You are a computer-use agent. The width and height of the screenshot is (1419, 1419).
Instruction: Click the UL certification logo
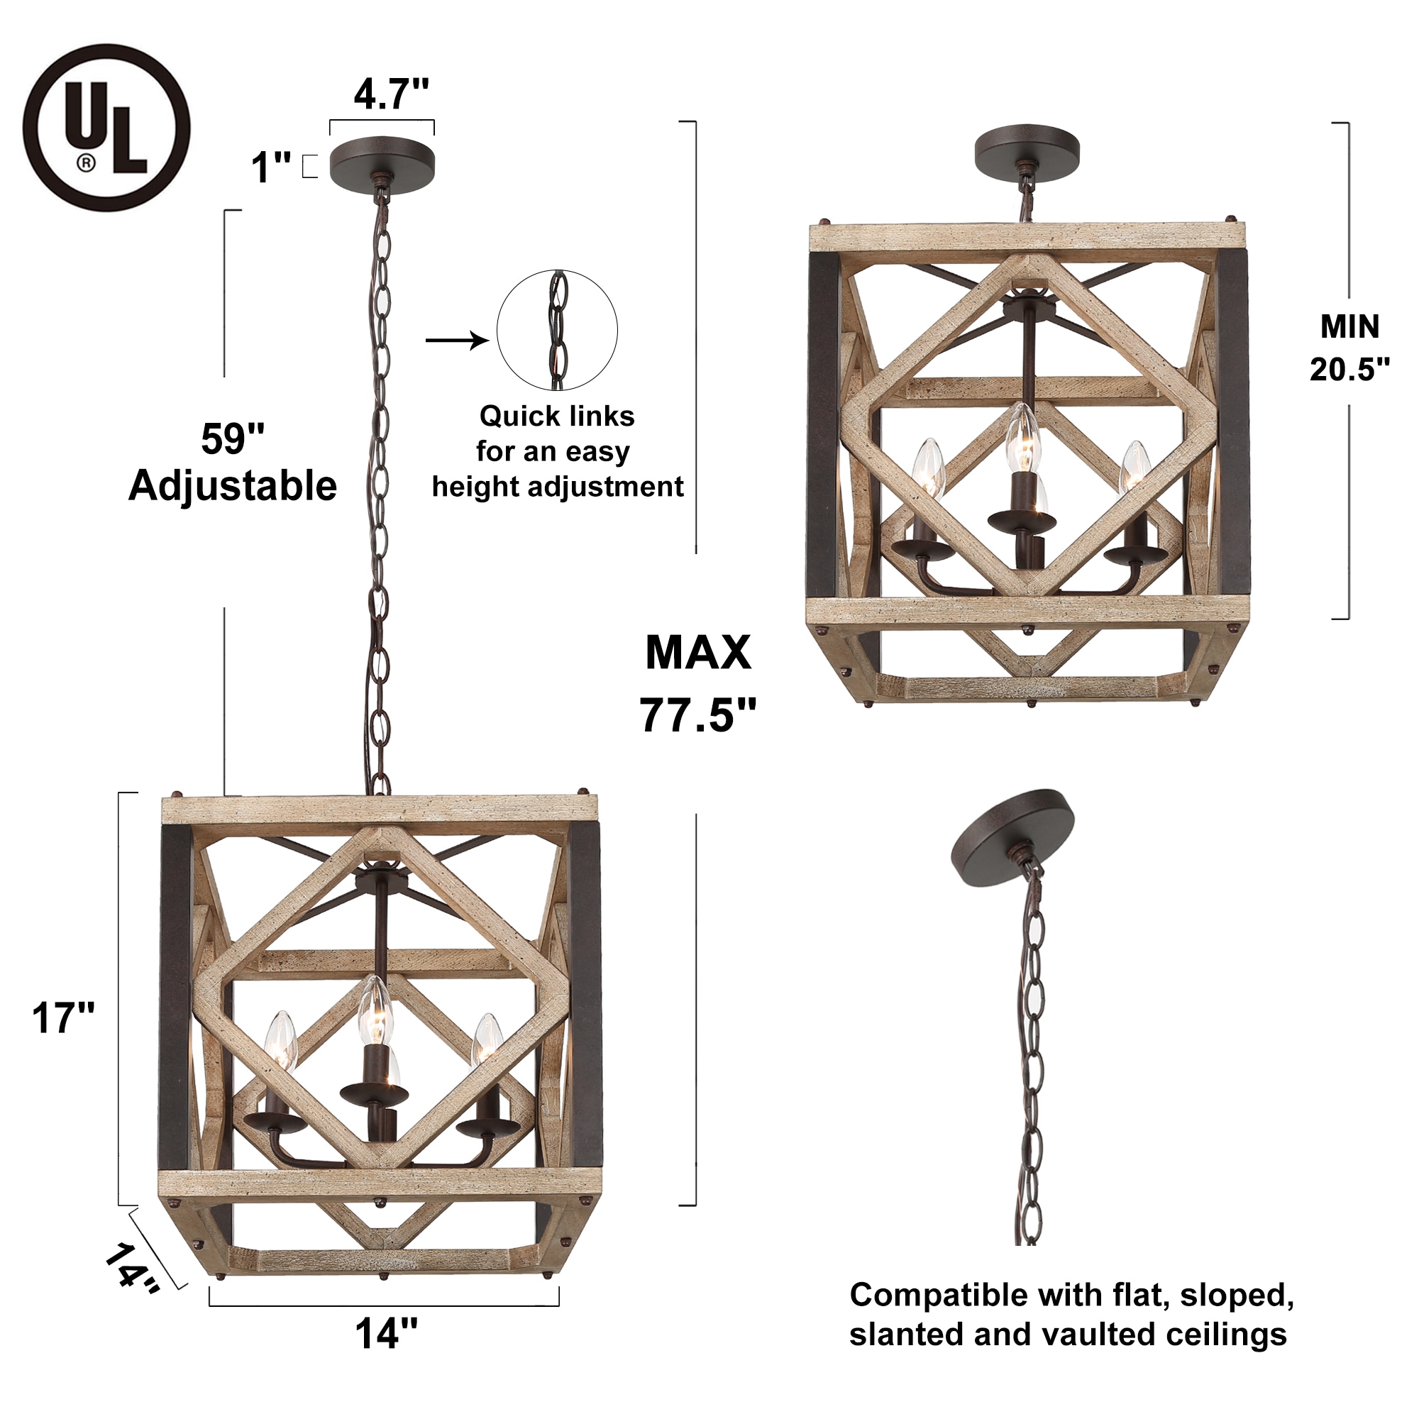[x=106, y=128]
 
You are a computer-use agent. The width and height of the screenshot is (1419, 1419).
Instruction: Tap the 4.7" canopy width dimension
[x=391, y=94]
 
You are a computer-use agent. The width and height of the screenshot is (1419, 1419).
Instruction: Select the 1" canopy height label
[x=271, y=167]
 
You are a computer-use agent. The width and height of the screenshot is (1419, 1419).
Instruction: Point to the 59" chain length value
[x=232, y=439]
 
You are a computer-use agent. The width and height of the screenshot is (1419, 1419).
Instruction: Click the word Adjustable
[x=232, y=486]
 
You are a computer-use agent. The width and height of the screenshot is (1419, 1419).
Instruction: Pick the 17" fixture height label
[x=63, y=1018]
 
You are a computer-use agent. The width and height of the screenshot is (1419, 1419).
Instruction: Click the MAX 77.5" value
[x=697, y=714]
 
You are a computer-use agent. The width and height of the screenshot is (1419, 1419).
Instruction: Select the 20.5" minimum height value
[x=1349, y=370]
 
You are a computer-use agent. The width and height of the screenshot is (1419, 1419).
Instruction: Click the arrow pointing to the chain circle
[x=457, y=340]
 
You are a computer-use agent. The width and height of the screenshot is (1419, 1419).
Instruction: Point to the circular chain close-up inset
[x=557, y=331]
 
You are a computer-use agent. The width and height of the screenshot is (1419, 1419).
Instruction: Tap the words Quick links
[x=557, y=416]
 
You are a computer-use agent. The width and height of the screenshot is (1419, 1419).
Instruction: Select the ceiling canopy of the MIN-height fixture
[x=1027, y=151]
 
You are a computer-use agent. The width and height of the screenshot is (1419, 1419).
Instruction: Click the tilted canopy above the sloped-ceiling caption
[x=1012, y=830]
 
